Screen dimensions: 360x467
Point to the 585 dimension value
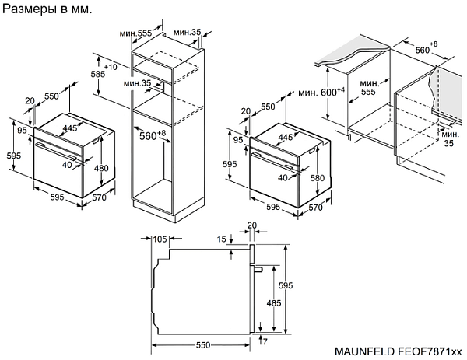(x=97, y=75)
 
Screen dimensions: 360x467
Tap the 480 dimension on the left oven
(x=101, y=168)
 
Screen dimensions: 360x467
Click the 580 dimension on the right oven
(x=317, y=177)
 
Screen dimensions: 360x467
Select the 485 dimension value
(x=275, y=302)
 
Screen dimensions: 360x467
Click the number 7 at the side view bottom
(x=265, y=341)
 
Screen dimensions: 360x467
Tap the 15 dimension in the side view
(x=223, y=239)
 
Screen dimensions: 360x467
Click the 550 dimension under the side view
(x=204, y=344)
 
